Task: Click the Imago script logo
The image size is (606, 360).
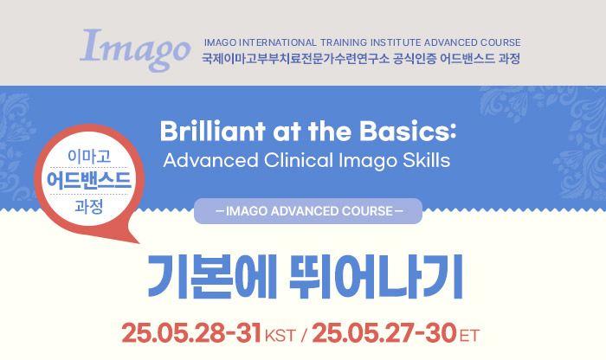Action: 135,49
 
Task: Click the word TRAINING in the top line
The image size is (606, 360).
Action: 344,42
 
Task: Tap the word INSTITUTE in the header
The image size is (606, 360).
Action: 396,42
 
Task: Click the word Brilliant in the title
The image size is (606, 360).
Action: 213,131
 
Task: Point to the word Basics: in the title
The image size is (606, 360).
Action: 408,131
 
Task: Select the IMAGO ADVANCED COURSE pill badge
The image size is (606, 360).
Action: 308,211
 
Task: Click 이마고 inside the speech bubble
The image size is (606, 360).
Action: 89,156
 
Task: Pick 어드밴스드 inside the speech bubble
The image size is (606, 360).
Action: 89,180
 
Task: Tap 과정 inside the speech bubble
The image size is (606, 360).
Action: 89,206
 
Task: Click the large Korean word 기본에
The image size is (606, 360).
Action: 212,277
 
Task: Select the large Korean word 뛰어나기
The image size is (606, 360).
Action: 376,277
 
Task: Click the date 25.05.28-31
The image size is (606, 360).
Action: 191,333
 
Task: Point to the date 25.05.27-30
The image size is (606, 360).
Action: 384,333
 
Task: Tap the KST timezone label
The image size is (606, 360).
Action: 280,336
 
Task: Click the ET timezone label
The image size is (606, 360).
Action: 469,336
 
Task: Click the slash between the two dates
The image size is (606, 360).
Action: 303,335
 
